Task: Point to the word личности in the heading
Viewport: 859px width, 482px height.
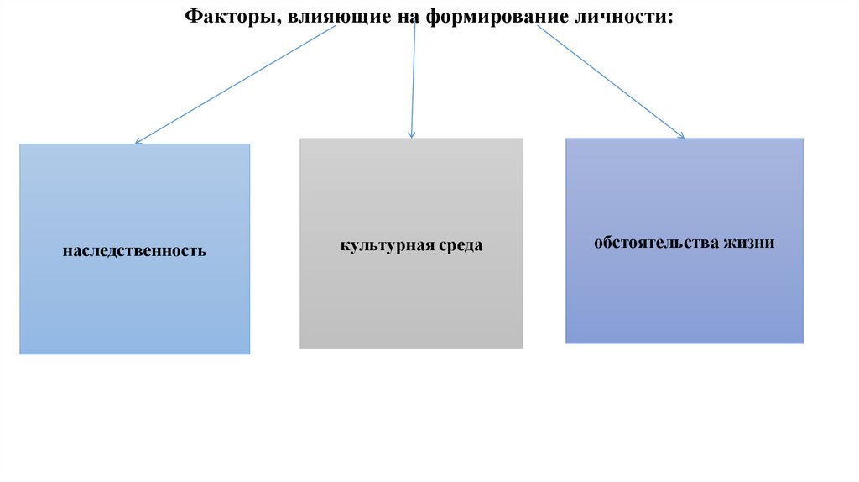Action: [x=619, y=16]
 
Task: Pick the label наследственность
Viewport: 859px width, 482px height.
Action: [x=134, y=250]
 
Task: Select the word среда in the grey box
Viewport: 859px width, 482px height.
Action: [x=460, y=246]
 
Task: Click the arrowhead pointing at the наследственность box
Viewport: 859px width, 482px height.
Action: [x=138, y=142]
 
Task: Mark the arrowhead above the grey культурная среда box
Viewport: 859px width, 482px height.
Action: [x=411, y=134]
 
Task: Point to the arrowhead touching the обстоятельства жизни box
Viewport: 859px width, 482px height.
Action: [x=681, y=135]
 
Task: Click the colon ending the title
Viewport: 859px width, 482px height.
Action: [x=670, y=18]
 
